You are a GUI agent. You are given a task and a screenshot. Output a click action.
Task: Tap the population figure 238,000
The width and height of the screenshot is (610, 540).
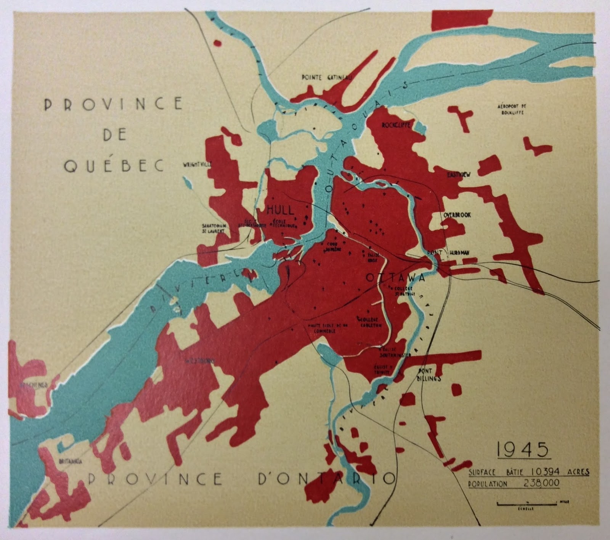click(544, 484)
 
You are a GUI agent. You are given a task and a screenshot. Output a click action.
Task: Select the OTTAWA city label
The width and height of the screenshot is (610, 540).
click(395, 278)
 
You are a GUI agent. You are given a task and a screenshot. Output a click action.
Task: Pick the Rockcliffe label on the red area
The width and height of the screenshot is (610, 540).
click(396, 125)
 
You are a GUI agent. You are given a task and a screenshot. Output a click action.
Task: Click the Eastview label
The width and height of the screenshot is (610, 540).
click(459, 174)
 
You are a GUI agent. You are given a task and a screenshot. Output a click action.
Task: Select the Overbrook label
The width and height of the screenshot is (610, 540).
click(457, 215)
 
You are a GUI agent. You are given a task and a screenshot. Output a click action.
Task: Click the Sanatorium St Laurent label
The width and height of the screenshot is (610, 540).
click(214, 228)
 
